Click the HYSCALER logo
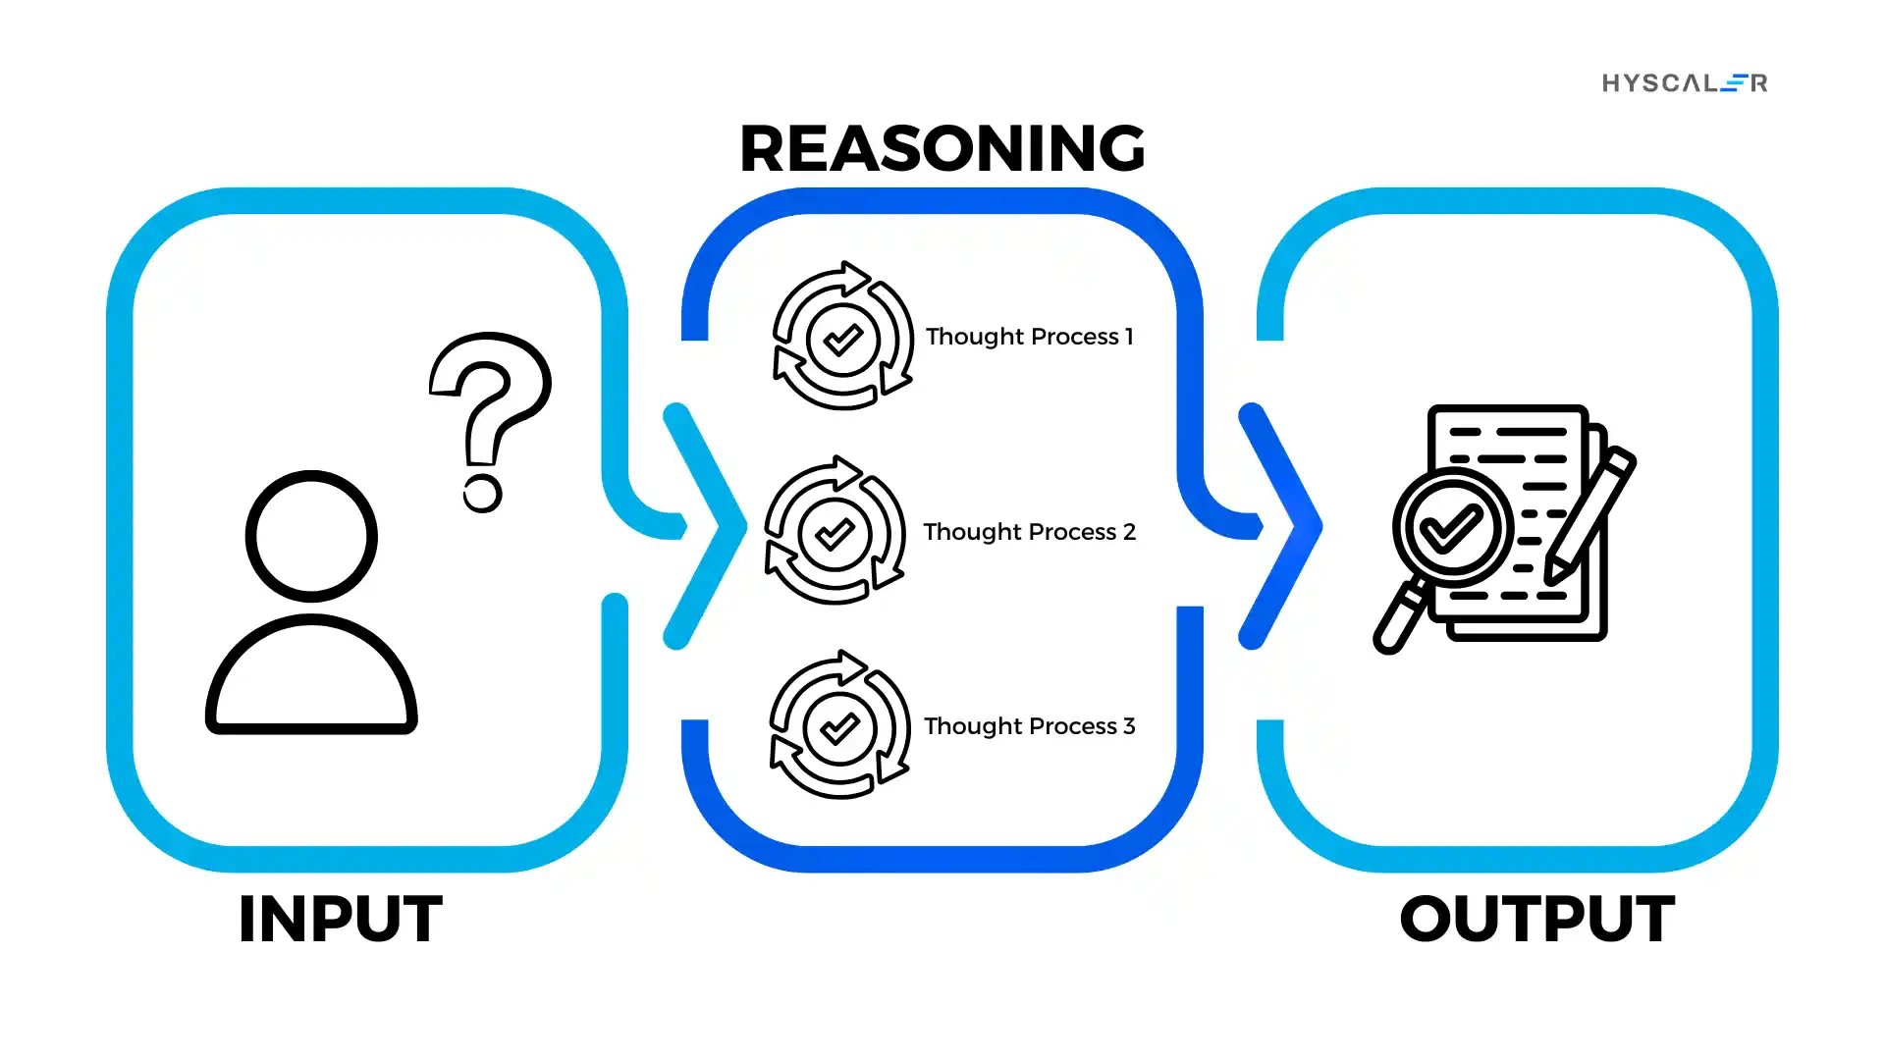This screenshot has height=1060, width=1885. [1685, 83]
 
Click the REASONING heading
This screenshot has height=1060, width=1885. [942, 148]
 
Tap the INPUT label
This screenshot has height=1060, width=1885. [340, 920]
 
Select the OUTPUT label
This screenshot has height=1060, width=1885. [1536, 920]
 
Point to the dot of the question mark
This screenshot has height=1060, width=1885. [482, 493]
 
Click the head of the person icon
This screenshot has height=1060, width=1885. [311, 536]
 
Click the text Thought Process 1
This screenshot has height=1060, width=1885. [1029, 337]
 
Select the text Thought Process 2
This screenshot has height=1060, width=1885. [1029, 532]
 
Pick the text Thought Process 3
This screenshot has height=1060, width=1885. [1029, 726]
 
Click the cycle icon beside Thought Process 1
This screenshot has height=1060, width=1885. [842, 337]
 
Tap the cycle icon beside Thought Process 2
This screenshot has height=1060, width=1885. [835, 531]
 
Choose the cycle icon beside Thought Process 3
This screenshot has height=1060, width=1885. [839, 725]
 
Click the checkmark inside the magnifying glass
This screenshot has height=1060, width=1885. [1452, 527]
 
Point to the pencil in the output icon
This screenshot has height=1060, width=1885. [1590, 515]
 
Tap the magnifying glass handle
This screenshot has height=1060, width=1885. [1401, 617]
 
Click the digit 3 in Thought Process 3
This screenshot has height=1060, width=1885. [1129, 726]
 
